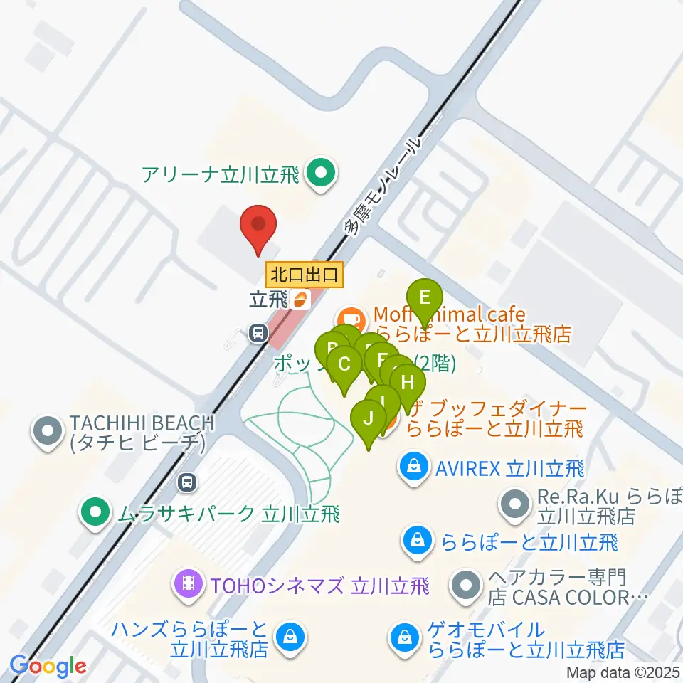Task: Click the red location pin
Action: [258, 226]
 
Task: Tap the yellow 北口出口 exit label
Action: [305, 273]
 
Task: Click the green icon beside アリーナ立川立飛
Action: [320, 173]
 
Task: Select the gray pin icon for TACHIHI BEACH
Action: [48, 431]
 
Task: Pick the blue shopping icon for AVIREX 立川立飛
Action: [413, 467]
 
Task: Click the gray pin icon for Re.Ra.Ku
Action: [514, 504]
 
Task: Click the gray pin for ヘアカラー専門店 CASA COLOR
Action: [467, 585]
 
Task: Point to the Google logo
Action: [48, 667]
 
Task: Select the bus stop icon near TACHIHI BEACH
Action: [187, 483]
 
